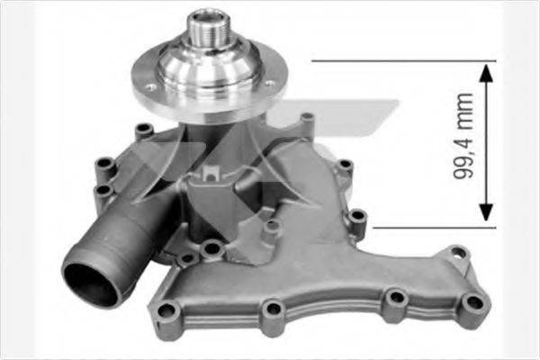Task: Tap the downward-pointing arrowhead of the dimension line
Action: point(486,213)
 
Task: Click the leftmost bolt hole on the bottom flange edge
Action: point(167,312)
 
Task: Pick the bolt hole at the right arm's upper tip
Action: point(458,253)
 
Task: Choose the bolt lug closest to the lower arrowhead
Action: point(357,216)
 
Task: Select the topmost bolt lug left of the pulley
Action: point(142,130)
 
